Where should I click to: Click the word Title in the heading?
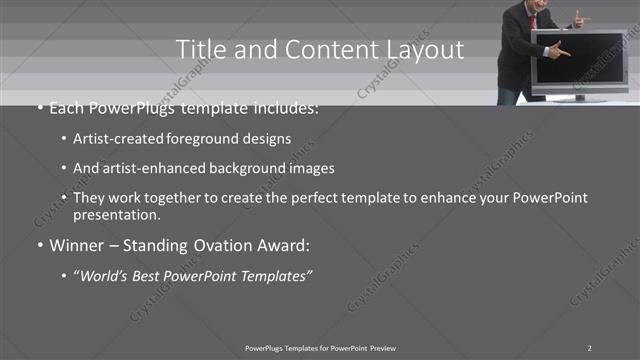click(x=198, y=49)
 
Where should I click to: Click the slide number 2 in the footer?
click(x=589, y=347)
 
